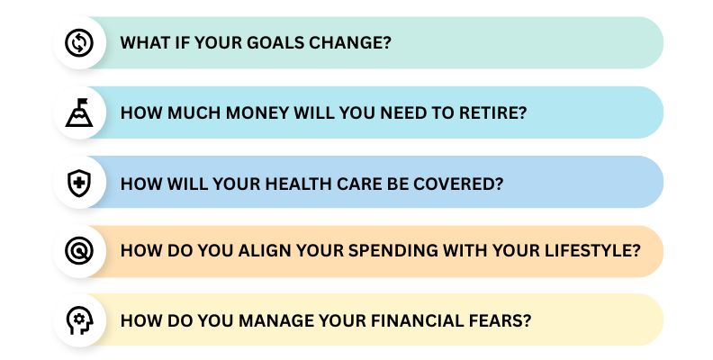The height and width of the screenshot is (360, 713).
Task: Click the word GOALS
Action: coord(267,43)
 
